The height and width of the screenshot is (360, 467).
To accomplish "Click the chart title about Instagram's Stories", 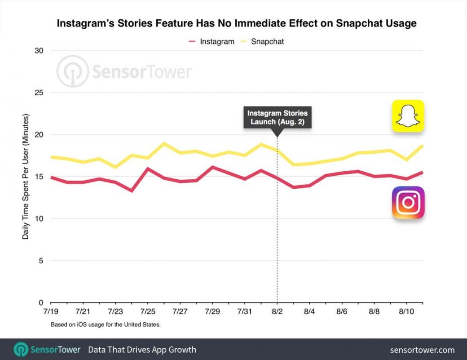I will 236,23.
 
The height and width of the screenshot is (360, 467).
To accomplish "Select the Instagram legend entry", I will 211,41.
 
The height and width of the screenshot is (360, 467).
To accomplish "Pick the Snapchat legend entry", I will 262,41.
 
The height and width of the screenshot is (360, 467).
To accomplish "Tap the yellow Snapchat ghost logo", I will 408,116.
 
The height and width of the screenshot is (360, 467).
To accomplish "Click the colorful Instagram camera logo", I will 408,203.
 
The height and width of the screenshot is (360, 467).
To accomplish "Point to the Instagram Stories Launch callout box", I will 278,117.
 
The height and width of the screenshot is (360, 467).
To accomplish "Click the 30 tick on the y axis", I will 39,50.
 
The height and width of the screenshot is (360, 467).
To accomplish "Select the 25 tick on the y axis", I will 39,93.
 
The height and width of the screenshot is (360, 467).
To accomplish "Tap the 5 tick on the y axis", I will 40,261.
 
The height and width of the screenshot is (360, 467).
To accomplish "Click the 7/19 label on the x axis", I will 51,311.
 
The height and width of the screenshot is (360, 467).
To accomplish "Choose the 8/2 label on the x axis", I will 277,311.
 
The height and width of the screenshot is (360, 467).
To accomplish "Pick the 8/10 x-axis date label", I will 406,311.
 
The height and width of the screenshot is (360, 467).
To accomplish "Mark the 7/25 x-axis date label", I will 148,311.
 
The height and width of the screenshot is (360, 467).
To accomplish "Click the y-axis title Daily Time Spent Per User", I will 26,176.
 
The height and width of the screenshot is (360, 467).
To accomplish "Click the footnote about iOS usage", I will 106,324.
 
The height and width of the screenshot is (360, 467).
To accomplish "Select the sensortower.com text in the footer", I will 422,350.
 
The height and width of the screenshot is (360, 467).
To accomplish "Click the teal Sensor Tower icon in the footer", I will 21,350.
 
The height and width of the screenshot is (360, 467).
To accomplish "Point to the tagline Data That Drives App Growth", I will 142,350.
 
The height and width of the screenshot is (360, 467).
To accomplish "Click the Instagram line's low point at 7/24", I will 132,191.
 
